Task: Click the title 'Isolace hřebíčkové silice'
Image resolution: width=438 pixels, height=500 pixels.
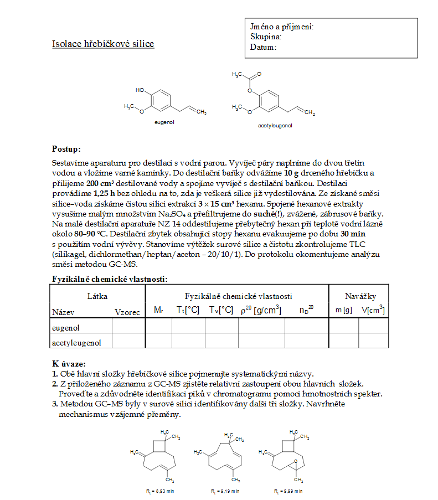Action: point(103,44)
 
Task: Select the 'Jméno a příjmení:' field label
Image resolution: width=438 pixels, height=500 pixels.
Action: point(282,27)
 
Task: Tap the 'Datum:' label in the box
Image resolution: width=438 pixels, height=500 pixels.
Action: point(263,47)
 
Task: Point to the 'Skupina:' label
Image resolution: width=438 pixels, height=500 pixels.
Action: point(266,37)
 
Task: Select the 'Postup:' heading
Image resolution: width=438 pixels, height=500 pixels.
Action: point(66,149)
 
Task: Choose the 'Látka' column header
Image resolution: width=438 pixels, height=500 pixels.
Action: point(97,297)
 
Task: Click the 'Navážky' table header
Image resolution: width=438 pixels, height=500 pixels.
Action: point(360,297)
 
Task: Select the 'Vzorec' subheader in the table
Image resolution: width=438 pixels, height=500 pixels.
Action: point(127,312)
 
